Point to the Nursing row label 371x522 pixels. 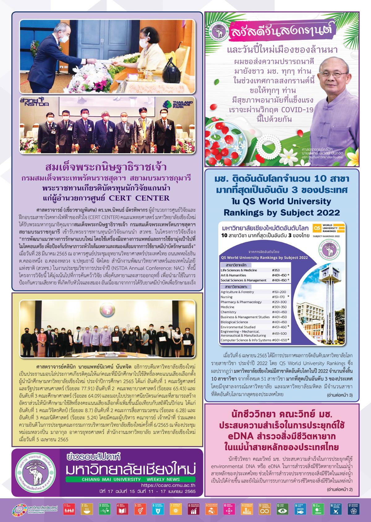(x=226, y=297)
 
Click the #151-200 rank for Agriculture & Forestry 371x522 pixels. (x=279, y=292)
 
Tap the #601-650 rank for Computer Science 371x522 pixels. (x=279, y=340)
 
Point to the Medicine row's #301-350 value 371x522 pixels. (x=279, y=307)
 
